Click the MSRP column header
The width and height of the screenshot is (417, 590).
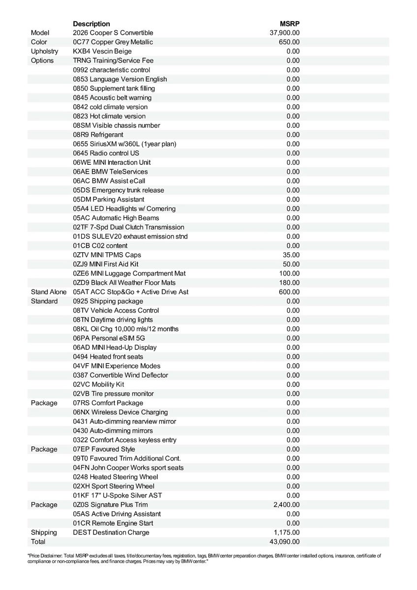click(290, 24)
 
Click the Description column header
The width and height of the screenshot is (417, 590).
click(91, 24)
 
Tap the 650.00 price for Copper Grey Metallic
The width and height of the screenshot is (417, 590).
click(289, 42)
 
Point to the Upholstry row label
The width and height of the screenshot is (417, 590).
click(44, 51)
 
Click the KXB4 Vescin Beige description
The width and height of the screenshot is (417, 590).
click(102, 51)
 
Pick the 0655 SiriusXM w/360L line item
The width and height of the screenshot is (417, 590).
click(124, 144)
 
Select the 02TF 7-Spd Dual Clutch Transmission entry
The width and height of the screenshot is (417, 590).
click(128, 227)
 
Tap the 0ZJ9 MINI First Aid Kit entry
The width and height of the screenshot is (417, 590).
click(106, 264)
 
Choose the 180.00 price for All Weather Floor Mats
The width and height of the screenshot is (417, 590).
click(289, 283)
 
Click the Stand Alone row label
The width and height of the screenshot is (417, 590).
click(49, 292)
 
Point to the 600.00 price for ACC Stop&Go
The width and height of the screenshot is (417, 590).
click(289, 292)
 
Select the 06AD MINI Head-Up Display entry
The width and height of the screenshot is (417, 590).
click(115, 348)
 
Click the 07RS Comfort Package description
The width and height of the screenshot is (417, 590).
click(108, 403)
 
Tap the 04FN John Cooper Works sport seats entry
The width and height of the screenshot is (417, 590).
click(128, 468)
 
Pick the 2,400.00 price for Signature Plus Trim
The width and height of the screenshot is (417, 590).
click(287, 505)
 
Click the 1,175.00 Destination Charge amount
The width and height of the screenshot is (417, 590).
click(287, 532)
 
